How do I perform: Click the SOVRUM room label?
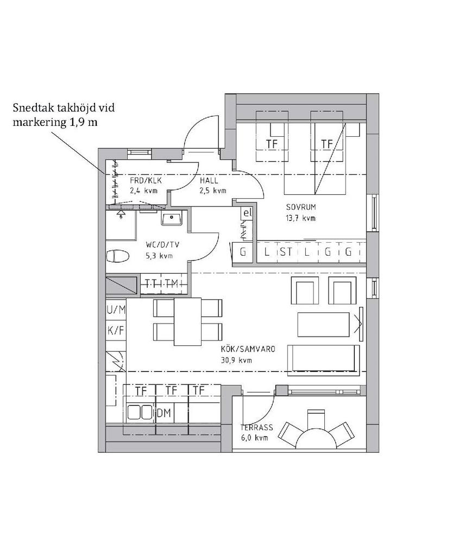point(301,207)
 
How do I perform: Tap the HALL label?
point(209,180)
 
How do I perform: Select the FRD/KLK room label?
point(146,180)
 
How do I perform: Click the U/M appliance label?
point(116,310)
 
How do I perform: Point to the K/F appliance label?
point(116,330)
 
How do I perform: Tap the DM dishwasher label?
point(164,413)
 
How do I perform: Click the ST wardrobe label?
point(286,252)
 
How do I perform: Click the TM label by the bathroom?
point(172,283)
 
